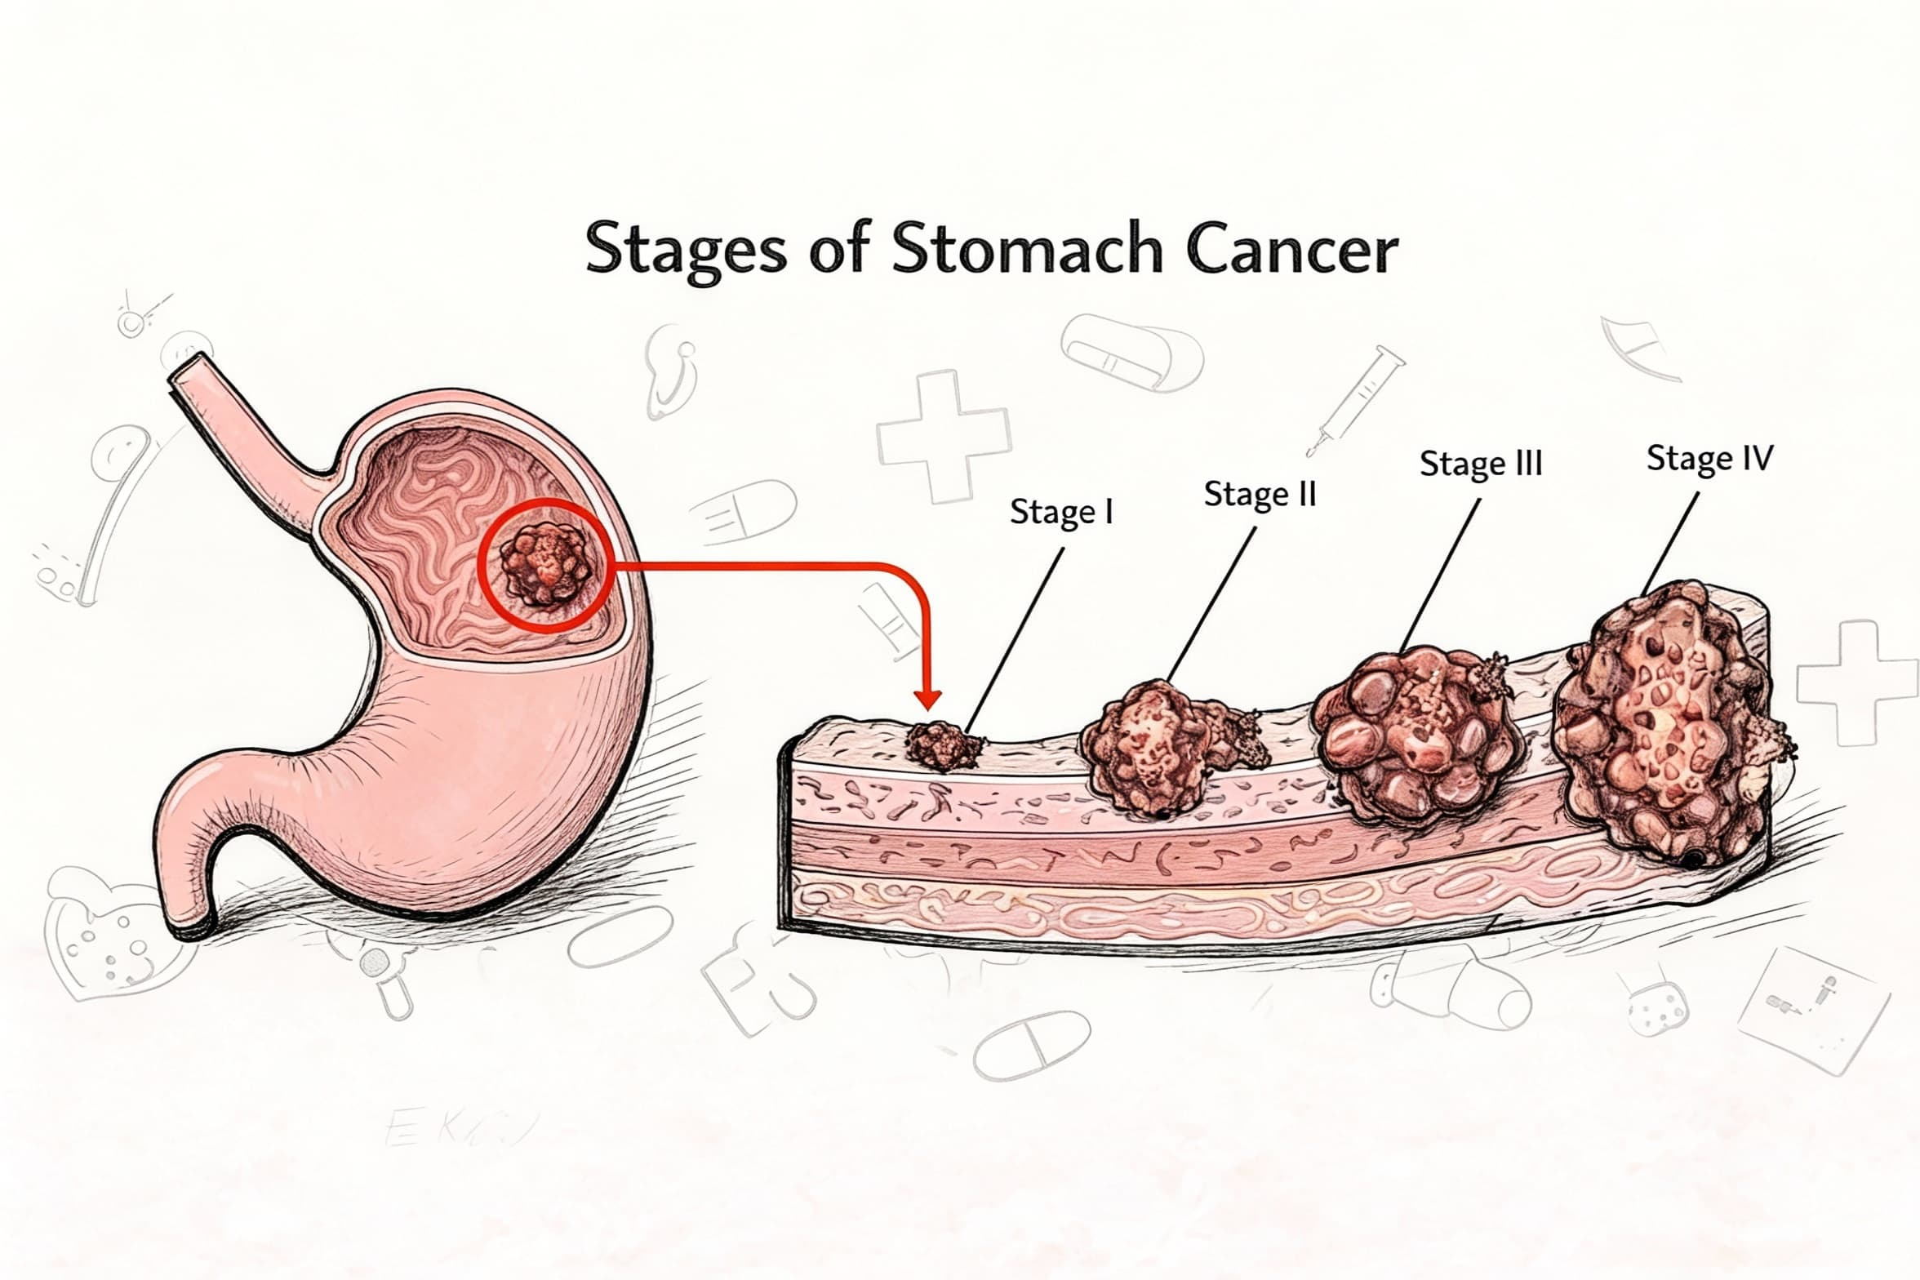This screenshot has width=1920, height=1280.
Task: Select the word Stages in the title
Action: point(687,250)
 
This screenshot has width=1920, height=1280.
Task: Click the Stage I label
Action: point(1061,512)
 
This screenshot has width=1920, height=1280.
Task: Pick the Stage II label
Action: point(1260,494)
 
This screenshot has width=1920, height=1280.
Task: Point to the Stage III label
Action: point(1481,464)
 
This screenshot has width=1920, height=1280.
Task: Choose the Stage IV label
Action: point(1709,458)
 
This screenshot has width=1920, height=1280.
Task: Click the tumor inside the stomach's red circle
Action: point(545,564)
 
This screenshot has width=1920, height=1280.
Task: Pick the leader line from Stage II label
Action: point(1214,601)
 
